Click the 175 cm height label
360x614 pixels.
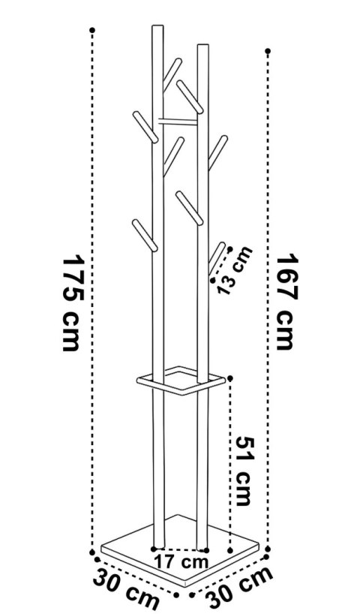[x=73, y=302]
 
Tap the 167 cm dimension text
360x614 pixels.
[x=287, y=302]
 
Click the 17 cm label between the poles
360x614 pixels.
[x=181, y=562]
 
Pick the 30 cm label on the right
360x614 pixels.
[x=239, y=588]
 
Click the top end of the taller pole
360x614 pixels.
[x=157, y=26]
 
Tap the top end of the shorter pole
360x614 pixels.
[x=203, y=45]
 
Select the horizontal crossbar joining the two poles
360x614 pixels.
[x=178, y=122]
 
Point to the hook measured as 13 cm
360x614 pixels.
[x=217, y=259]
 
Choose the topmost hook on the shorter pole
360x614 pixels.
[x=190, y=97]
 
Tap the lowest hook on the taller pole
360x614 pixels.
[x=145, y=235]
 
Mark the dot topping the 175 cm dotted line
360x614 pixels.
[x=92, y=30]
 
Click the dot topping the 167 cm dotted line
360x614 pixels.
[x=268, y=51]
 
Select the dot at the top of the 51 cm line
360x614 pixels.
[x=230, y=378]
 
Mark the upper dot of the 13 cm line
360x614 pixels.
[x=230, y=249]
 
